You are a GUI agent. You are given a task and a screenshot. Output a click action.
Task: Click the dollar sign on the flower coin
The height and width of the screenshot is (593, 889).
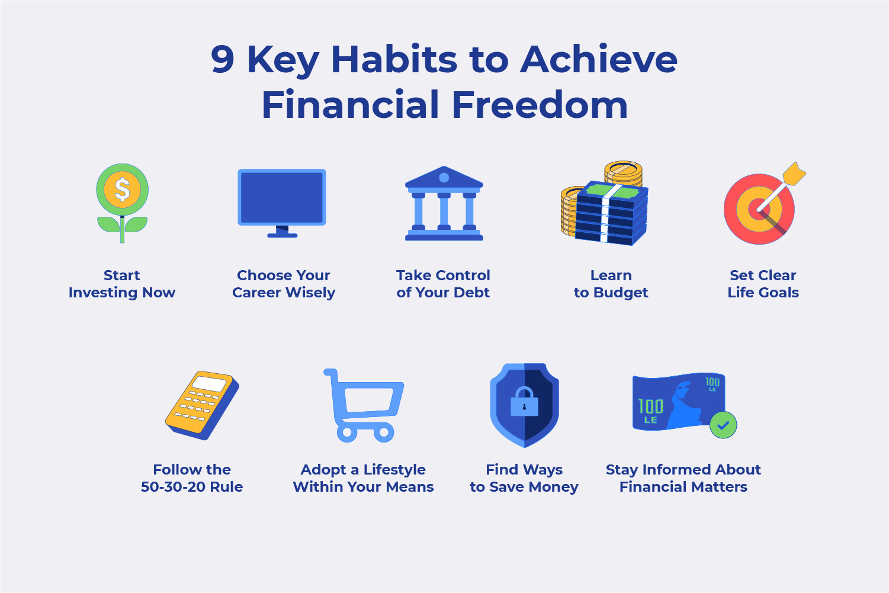122,190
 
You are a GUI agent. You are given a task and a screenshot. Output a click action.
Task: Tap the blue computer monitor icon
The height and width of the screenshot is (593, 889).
282,198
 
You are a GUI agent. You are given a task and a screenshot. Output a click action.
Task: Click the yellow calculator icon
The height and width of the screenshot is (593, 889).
201,405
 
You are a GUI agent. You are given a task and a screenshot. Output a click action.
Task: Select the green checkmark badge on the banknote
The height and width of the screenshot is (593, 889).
723,425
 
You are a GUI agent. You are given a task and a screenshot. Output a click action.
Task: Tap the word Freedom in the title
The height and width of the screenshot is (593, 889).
540,105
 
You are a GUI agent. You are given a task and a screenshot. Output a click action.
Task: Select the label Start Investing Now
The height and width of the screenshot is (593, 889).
122,284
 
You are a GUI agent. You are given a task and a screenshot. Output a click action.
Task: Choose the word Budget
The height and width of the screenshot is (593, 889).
620,293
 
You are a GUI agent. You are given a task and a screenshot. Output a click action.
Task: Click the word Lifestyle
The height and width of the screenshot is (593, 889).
394,470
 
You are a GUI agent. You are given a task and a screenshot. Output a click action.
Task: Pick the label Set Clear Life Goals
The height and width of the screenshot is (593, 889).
763,284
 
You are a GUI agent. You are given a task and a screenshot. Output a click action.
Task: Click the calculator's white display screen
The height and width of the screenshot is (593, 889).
210,383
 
